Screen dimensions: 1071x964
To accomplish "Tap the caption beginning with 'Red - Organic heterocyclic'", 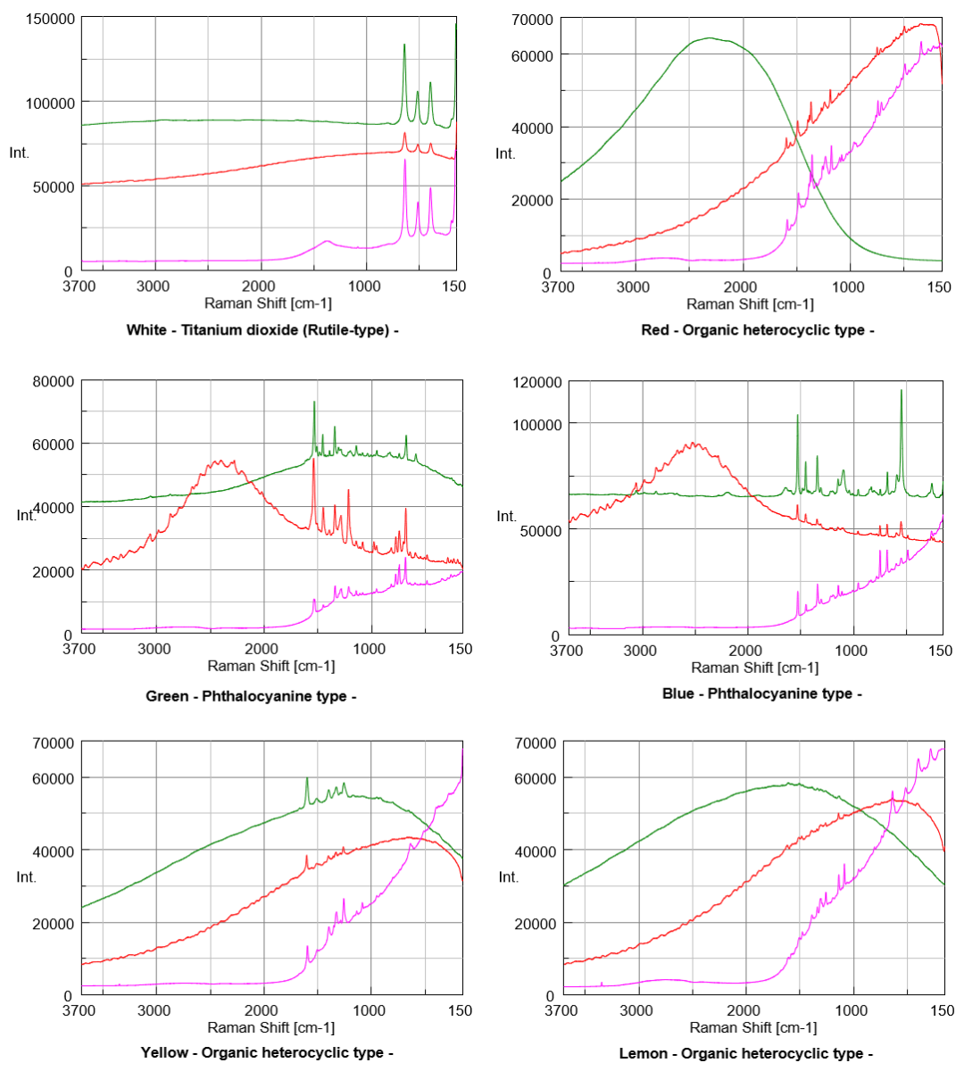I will click(757, 331).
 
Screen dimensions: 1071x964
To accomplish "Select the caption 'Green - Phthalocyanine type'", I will click(251, 695).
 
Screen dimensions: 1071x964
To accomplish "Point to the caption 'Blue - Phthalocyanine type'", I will click(757, 693).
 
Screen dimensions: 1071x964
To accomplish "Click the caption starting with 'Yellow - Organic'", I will click(266, 1053).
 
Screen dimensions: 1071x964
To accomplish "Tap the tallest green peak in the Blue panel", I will click(902, 390).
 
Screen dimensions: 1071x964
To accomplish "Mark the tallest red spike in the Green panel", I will click(314, 470).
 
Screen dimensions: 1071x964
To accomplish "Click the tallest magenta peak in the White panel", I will click(405, 159).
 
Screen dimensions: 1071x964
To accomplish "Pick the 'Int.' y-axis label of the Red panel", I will click(503, 154).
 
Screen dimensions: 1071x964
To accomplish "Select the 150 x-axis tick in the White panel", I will click(454, 286).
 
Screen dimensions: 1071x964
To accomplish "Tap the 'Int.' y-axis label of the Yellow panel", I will click(21, 876).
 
